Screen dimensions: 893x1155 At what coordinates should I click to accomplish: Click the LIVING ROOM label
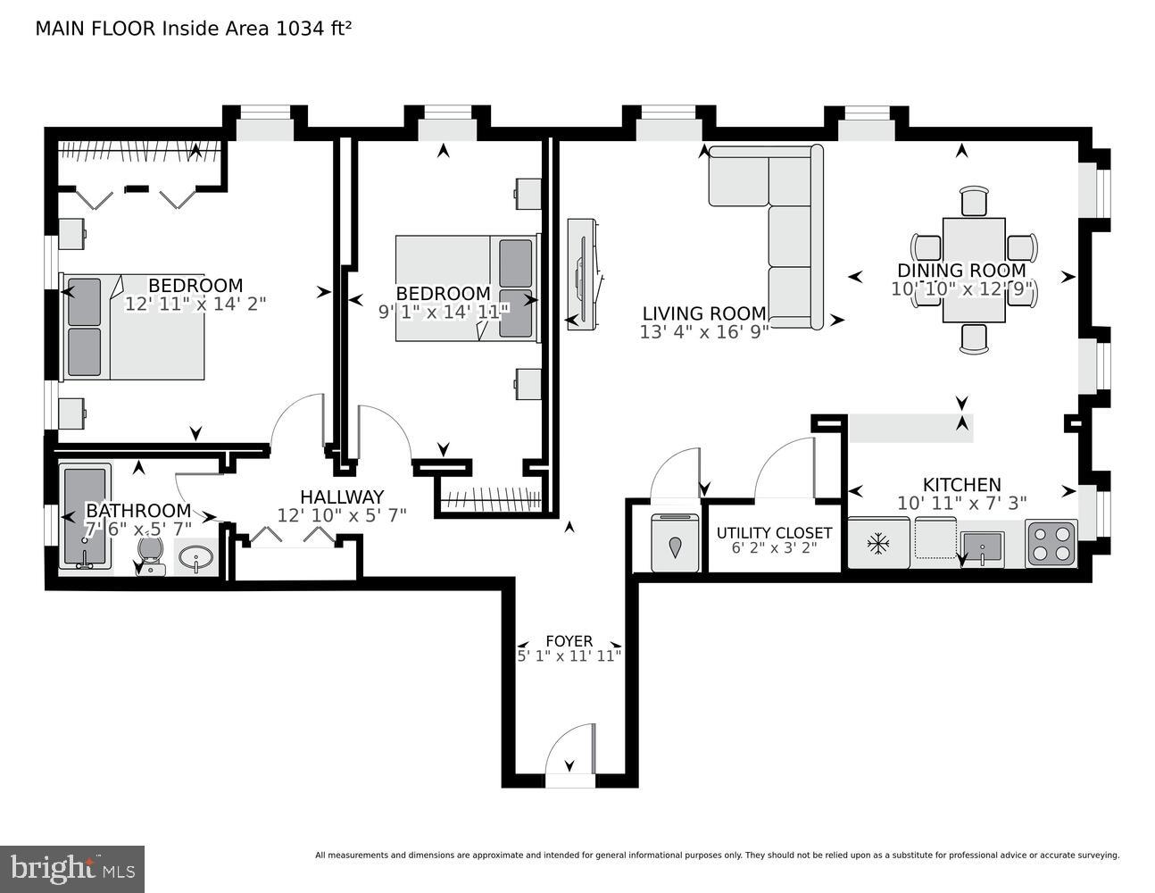click(x=703, y=313)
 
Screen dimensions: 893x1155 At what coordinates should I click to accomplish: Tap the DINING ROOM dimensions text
click(x=962, y=289)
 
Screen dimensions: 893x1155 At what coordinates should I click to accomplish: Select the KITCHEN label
click(x=961, y=484)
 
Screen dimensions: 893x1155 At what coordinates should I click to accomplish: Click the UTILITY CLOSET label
click(x=774, y=533)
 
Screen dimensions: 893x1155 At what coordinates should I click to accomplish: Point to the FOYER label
click(x=569, y=641)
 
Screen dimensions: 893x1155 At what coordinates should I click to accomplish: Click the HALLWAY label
click(x=342, y=497)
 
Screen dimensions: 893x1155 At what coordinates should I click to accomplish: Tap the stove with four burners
click(x=1051, y=543)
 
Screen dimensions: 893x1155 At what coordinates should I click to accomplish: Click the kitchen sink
click(x=982, y=546)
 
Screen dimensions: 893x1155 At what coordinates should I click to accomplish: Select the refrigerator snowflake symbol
click(x=879, y=542)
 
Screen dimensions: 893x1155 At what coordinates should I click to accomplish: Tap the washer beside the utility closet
click(x=675, y=543)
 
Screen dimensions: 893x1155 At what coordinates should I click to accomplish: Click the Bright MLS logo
click(x=72, y=868)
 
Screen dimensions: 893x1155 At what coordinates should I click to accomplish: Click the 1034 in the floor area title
click(x=302, y=28)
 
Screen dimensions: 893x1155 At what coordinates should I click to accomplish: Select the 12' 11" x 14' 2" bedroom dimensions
click(x=195, y=304)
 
